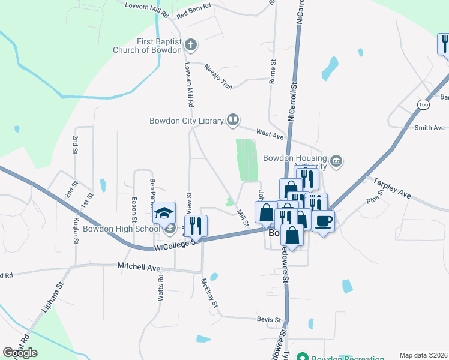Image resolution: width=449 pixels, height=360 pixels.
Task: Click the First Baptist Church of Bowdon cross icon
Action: pos(191,44)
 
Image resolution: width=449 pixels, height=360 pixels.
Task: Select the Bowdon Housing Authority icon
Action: pos(336,160)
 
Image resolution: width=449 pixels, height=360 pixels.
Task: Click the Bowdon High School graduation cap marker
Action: pos(163,214)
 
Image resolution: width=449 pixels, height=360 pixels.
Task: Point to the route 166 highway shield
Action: pos(424,104)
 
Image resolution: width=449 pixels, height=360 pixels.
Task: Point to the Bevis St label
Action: pos(269,320)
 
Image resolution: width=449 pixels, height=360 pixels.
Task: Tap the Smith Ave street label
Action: pos(429,128)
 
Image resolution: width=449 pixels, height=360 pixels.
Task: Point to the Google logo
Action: pos(20,353)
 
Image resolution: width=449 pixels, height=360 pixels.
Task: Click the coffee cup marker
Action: pos(323,220)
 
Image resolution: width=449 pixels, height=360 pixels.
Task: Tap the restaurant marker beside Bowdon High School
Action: pos(195,226)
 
